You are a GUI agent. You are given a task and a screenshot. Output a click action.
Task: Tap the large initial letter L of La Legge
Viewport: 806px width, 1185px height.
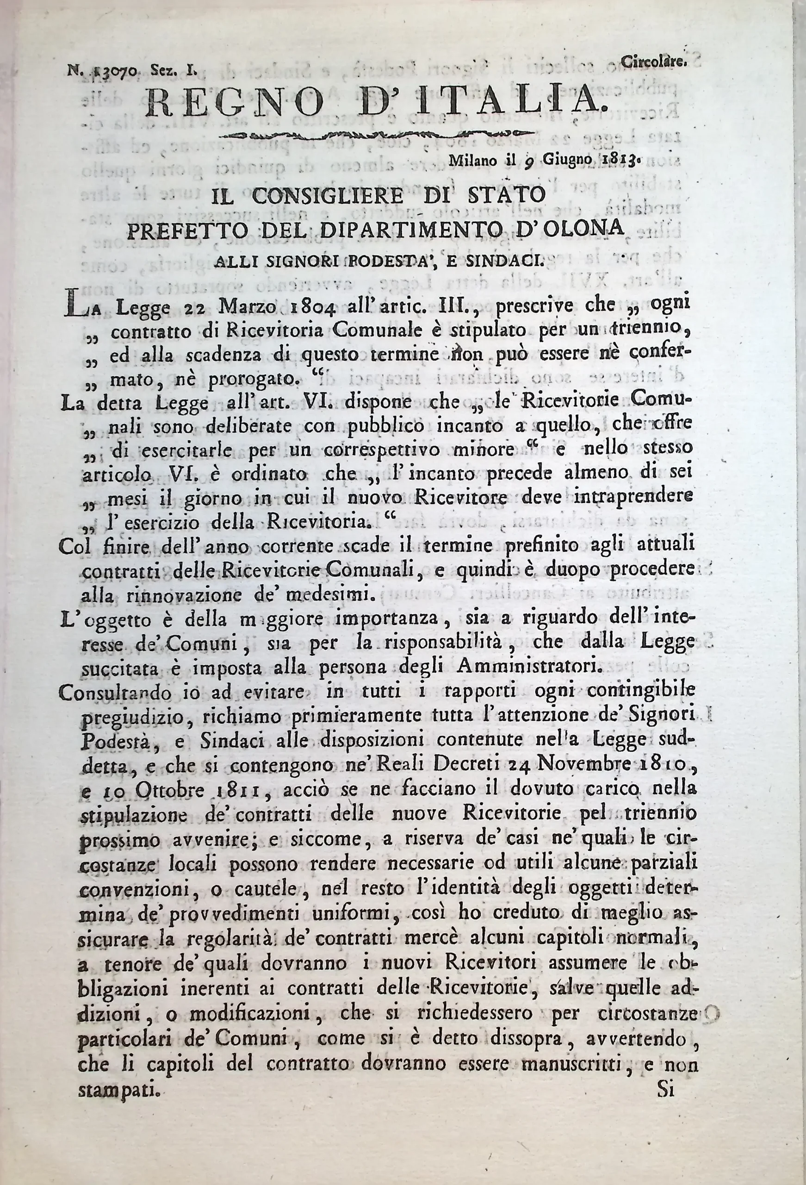72,307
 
